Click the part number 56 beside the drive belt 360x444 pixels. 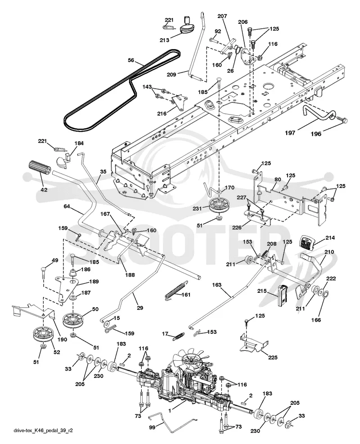point(131,60)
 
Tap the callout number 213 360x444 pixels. point(164,40)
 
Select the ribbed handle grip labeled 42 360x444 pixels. point(39,169)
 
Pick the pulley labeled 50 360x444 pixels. point(73,320)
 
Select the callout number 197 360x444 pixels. point(290,133)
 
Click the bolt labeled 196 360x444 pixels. point(341,120)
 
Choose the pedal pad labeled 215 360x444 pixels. point(283,296)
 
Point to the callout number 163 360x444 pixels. point(217,285)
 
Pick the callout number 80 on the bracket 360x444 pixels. point(278,179)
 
